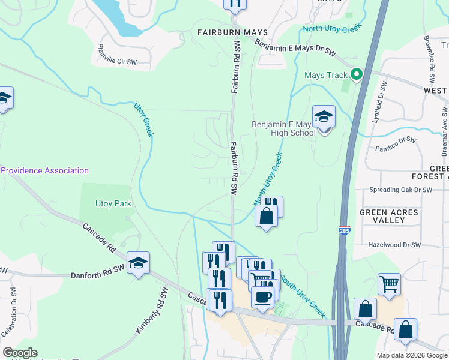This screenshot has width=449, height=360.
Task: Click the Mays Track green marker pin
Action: [356, 75]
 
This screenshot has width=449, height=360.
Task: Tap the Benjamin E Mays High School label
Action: [283, 128]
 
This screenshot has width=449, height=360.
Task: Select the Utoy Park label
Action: [113, 204]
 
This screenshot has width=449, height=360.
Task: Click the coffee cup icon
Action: [263, 297]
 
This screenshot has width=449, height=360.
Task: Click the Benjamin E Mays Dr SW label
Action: [294, 48]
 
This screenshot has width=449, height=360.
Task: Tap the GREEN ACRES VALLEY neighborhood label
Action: [390, 217]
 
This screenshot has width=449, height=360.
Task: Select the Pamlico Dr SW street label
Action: [396, 144]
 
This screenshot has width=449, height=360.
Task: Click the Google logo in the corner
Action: [20, 353]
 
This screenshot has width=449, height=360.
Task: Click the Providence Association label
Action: [44, 171]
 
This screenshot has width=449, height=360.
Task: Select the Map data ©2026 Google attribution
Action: [411, 355]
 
